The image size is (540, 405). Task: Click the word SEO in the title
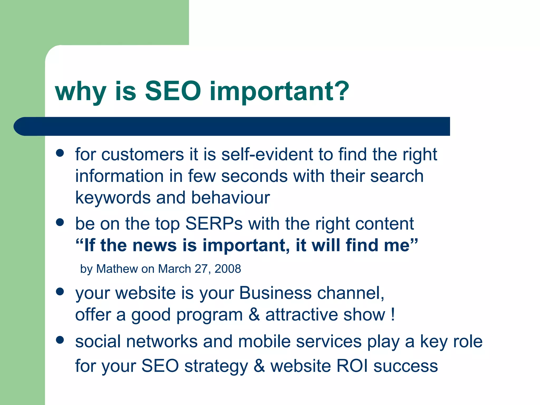pos(173,91)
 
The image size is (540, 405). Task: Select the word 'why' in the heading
pos(80,92)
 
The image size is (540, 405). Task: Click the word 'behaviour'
pos(230,198)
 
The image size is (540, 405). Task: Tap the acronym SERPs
pos(214,224)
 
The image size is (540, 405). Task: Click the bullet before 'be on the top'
pos(60,222)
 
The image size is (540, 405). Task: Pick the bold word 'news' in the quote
pos(155,245)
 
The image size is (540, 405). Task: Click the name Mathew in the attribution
pos(117,269)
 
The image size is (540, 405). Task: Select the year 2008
pos(228,269)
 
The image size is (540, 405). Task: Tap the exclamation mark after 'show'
pos(393,315)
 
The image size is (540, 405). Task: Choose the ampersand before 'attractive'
pos(254,315)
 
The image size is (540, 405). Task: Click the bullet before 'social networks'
pos(60,340)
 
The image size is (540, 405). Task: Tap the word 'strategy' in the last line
pos(216,367)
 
